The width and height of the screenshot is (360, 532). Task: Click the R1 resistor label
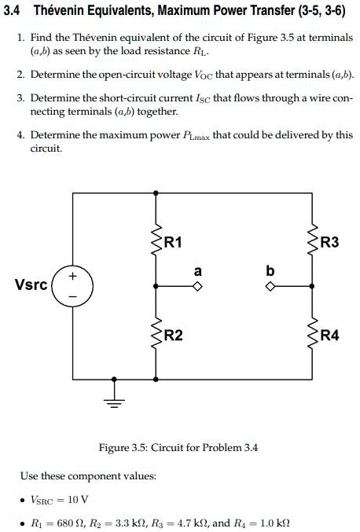173,242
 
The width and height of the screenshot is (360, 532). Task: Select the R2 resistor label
174,336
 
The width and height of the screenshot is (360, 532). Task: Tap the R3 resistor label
329,242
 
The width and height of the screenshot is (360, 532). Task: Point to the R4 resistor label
330,336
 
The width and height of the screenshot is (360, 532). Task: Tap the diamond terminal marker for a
197,287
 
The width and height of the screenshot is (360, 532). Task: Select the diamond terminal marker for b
270,287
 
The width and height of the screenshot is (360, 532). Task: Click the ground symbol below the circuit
114,402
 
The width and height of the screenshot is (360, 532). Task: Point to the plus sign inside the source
72,277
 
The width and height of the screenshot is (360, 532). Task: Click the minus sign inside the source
73,296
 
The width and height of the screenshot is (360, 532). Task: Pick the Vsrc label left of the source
31,284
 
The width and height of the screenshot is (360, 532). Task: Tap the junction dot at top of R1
156,193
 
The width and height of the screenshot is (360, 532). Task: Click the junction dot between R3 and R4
312,287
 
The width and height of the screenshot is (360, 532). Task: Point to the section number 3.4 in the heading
11,11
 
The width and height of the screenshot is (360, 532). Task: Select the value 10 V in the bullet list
78,500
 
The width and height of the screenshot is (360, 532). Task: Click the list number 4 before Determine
21,135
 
